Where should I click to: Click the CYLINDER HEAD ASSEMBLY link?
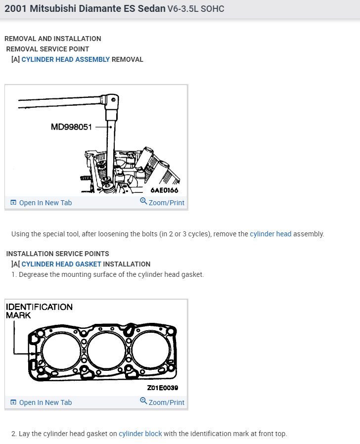click(65, 59)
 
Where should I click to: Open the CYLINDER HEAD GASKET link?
click(61, 264)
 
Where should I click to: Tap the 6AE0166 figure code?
click(164, 190)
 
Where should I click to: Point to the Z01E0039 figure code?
click(163, 389)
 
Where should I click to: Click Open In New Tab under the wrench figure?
click(41, 203)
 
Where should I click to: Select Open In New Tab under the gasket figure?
click(41, 402)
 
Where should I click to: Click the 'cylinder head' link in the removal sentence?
click(270, 234)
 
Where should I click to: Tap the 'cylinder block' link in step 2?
click(140, 434)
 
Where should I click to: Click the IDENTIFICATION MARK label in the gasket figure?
click(39, 311)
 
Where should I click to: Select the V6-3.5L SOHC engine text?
click(196, 9)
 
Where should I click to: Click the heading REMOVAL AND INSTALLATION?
click(52, 39)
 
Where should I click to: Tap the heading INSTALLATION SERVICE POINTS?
click(57, 254)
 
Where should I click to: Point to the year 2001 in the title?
click(15, 9)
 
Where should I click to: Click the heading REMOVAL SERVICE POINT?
click(47, 49)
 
